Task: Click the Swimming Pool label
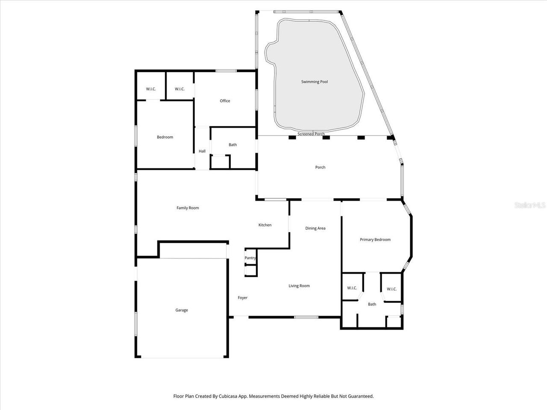pos(315,82)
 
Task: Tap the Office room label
pos(225,101)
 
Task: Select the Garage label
pos(182,310)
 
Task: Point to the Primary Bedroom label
pos(375,240)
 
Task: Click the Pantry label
pos(250,258)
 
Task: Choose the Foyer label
pos(242,298)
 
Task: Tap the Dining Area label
pos(315,228)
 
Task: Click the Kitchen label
pos(265,225)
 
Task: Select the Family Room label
pos(188,208)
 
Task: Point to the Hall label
pos(202,151)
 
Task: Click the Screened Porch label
pos(311,134)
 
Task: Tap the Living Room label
pos(299,286)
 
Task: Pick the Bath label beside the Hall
pos(232,145)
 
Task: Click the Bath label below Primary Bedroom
pos(372,304)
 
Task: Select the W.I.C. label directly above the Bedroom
pos(151,89)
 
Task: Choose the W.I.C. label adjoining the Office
pos(179,89)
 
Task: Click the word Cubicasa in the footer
pos(228,396)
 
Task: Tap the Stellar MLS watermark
pos(530,205)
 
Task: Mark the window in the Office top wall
pos(226,70)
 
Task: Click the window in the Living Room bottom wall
pos(306,317)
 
